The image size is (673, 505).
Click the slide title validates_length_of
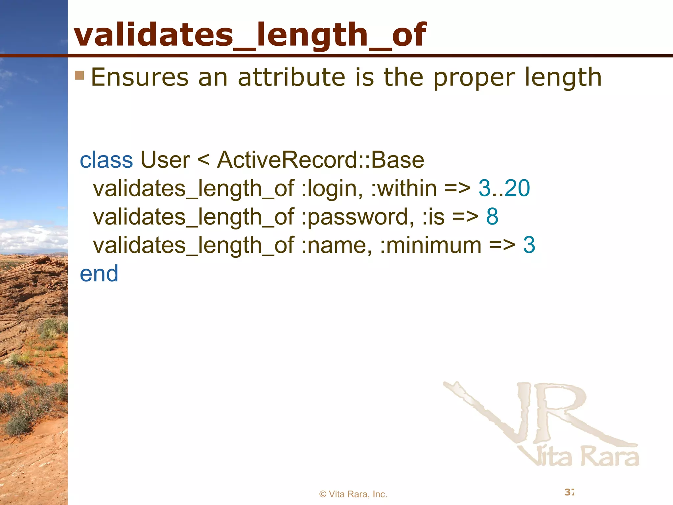pos(250,35)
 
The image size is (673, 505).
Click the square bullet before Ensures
pos(79,76)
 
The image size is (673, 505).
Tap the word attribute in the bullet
pos(291,78)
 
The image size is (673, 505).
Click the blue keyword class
pos(106,160)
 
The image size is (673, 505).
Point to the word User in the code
pos(165,160)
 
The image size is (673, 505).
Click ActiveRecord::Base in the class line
pos(320,160)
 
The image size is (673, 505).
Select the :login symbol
pos(332,189)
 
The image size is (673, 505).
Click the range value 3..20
pos(504,188)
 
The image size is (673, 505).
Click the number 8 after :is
pos(492,217)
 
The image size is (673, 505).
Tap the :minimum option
pos(430,245)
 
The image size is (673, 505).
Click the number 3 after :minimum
pos(529,245)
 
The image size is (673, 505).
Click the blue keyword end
pos(99,274)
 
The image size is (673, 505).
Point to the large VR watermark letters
pos(539,414)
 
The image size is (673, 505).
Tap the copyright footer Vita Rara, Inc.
pos(353,494)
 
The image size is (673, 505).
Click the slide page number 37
pos(569,492)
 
